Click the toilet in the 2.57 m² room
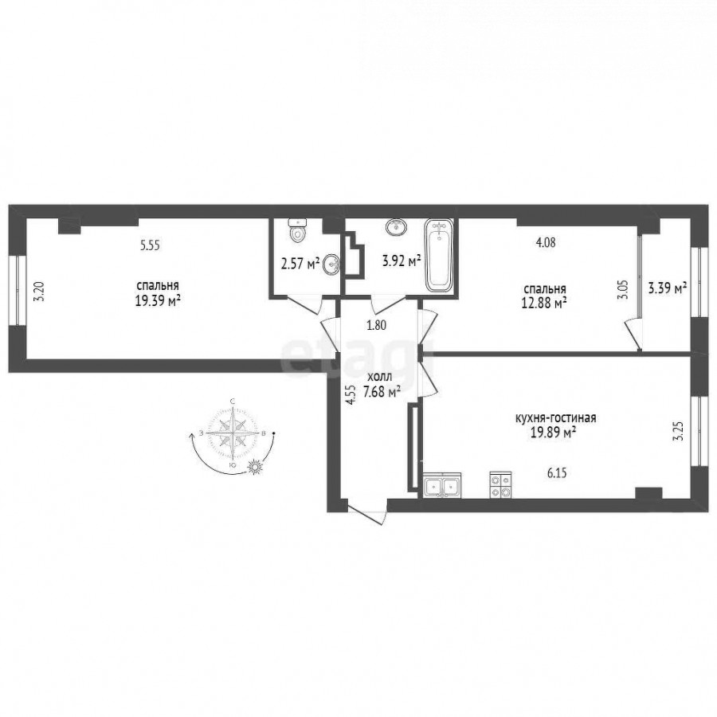[x=297, y=230]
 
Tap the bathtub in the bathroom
[x=439, y=256]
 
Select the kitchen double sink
[x=442, y=486]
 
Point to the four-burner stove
[x=501, y=486]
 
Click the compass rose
[x=233, y=433]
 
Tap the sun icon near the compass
[x=256, y=467]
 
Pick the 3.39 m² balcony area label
[x=668, y=289]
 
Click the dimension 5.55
[x=150, y=245]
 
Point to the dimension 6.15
[x=557, y=473]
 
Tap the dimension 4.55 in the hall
[x=351, y=395]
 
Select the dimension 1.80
[x=377, y=325]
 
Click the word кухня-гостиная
[x=555, y=418]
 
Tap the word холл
[x=379, y=378]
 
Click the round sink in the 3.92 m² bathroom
[x=397, y=226]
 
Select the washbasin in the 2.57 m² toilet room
[x=331, y=264]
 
